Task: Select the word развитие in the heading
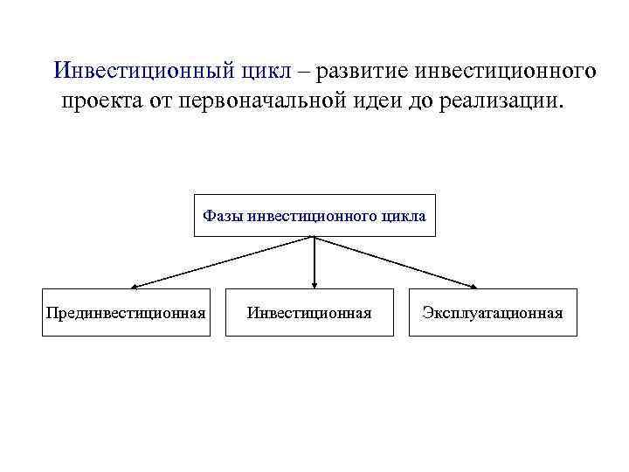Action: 370,71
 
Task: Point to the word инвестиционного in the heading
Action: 511,71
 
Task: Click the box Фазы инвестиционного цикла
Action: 314,215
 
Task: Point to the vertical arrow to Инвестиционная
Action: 314,262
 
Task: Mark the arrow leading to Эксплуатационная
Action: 397,261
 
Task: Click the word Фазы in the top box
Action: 224,215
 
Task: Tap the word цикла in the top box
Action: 404,215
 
